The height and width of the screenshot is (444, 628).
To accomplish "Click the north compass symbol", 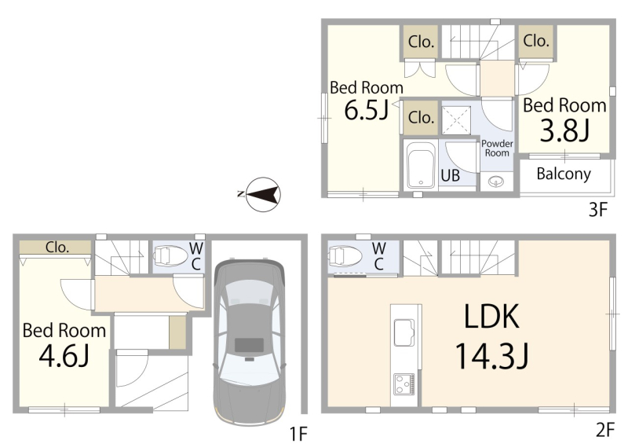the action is [x=262, y=195].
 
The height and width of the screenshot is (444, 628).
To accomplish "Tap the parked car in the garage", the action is [x=249, y=342].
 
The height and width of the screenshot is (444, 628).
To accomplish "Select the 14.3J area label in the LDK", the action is [x=492, y=356].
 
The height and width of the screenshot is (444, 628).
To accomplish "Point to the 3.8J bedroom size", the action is [x=564, y=130].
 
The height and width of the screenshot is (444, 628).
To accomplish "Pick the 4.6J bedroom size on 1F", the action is [x=64, y=356].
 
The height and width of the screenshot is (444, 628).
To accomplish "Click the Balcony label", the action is [x=564, y=174].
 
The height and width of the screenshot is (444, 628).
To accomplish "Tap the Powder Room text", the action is [x=497, y=148].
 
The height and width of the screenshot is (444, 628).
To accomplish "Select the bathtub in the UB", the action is [x=421, y=165].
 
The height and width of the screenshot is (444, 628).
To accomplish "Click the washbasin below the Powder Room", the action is [x=496, y=182].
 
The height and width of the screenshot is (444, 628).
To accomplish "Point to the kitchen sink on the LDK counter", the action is [x=404, y=332].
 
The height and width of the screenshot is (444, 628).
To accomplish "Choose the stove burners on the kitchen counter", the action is [x=403, y=383].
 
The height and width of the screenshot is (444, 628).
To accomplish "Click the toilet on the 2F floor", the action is [x=345, y=256].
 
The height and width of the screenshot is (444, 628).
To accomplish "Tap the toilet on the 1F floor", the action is [x=171, y=256].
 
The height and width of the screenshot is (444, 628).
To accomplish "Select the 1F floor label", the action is [x=298, y=434].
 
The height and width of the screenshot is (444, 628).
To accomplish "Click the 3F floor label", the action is [x=598, y=209].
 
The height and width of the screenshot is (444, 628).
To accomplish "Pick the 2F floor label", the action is [x=604, y=430].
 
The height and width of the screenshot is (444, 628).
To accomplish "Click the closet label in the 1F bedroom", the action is [x=57, y=247].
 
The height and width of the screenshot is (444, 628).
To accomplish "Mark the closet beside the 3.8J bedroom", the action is [x=536, y=42].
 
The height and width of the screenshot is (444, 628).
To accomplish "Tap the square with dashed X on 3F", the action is [x=456, y=120].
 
